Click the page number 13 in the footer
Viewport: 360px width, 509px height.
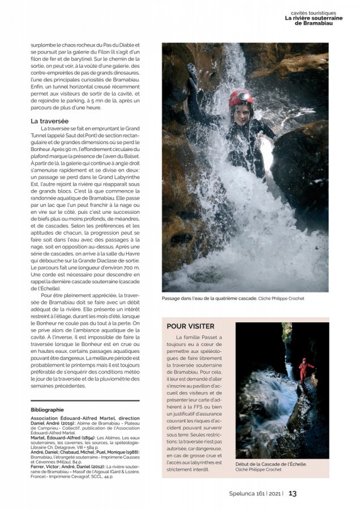tap(293, 493)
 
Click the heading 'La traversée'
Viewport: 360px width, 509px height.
tap(50, 121)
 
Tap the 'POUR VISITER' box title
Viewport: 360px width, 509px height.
tap(191, 326)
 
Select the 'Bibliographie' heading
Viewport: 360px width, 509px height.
tap(48, 409)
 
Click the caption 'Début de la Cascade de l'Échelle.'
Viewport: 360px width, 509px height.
tap(271, 464)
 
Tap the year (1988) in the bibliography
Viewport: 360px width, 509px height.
tap(129, 452)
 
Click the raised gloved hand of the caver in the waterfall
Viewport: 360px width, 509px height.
tap(193, 72)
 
